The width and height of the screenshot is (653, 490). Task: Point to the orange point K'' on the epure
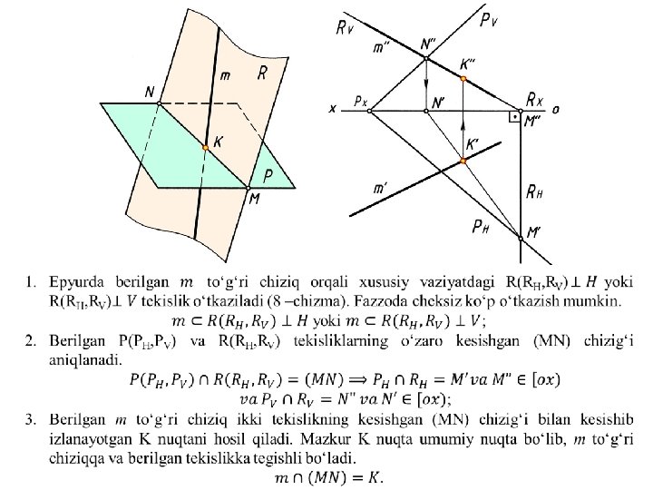[x=463, y=79]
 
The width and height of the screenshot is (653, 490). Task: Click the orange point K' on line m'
[x=463, y=161]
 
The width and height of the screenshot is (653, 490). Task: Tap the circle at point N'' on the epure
[x=426, y=58]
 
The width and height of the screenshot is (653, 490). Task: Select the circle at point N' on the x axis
[x=426, y=111]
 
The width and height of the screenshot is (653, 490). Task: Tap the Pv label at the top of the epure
[x=487, y=17]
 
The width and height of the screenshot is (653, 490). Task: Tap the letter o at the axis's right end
[x=555, y=110]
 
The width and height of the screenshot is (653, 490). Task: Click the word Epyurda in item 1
[x=78, y=276]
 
